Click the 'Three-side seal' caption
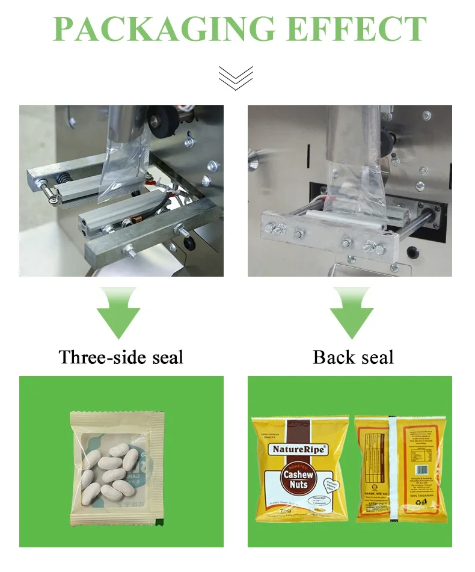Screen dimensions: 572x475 click(121, 357)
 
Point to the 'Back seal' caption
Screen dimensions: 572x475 click(354, 357)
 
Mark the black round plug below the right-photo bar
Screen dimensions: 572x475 click(411, 251)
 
